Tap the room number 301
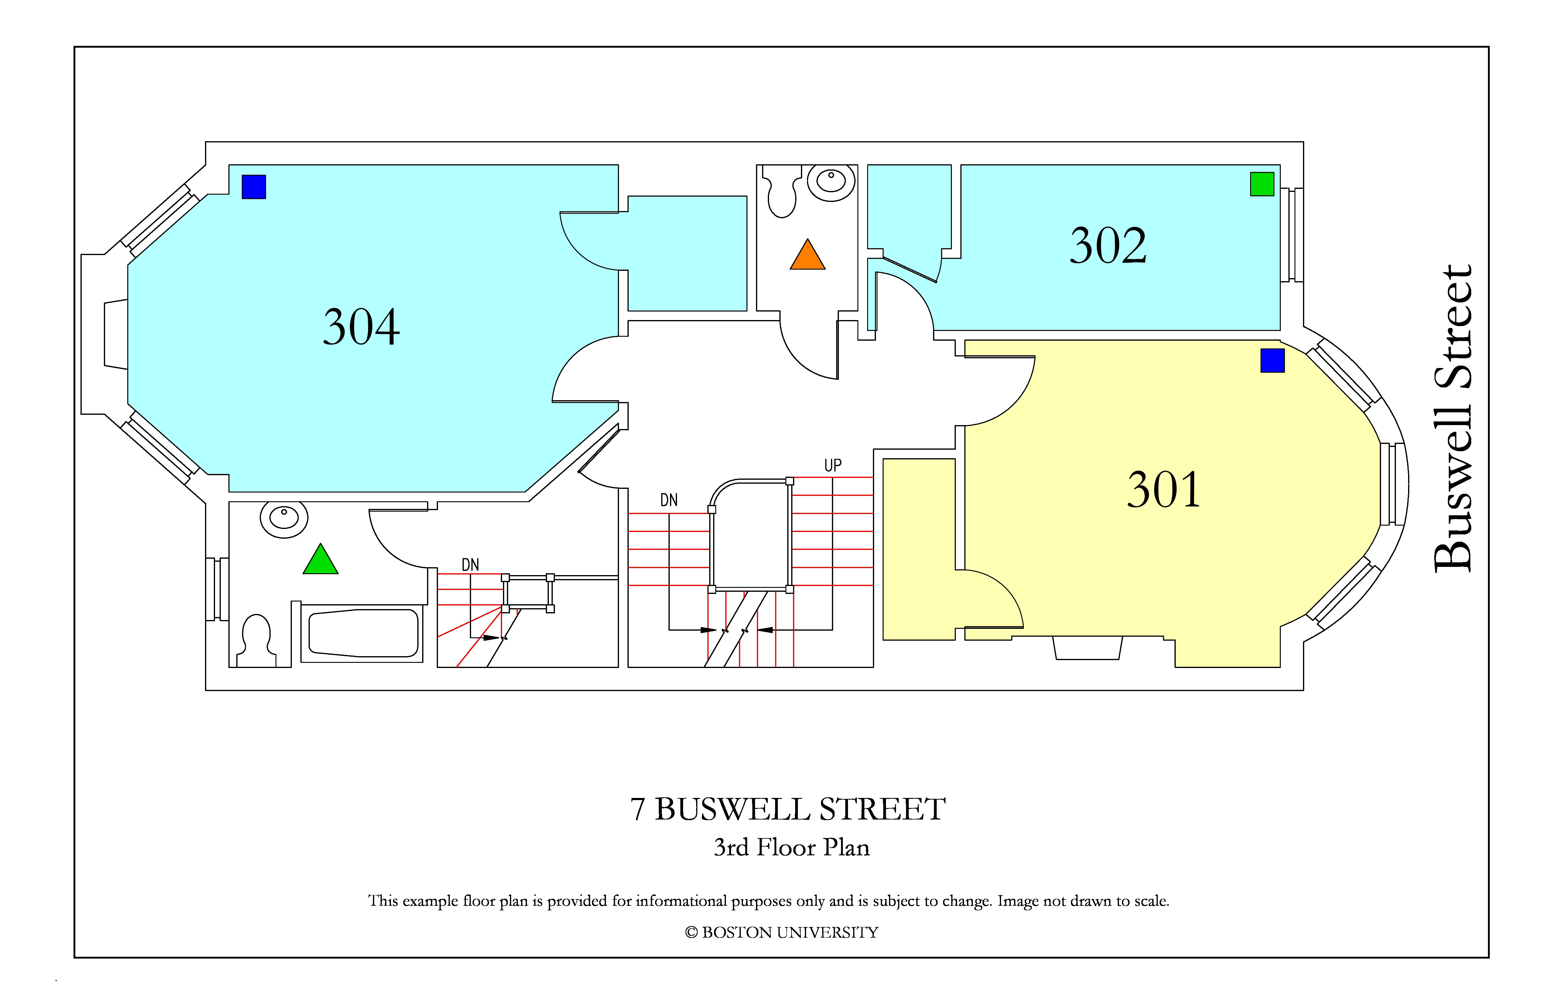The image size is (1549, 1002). (x=1164, y=490)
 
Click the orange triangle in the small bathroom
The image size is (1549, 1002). (x=808, y=254)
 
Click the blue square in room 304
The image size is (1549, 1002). (x=254, y=187)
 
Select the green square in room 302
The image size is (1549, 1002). (x=1262, y=184)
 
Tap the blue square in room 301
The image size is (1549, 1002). (x=1272, y=360)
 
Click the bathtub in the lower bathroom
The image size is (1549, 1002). (x=363, y=633)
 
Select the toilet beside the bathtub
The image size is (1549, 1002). (x=256, y=641)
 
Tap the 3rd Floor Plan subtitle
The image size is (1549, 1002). (x=792, y=847)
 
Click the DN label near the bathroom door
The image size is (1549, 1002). (x=470, y=565)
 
